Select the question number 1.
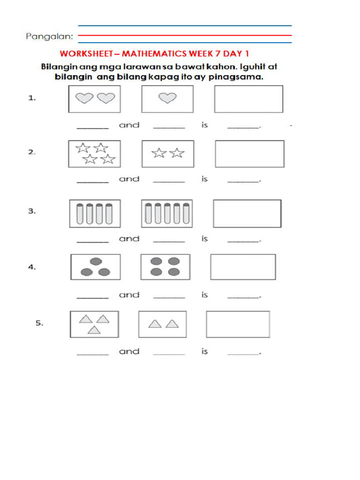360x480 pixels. [x=32, y=98]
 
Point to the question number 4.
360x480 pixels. [x=32, y=267]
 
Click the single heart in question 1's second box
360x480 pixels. [x=167, y=98]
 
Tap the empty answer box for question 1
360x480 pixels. [x=248, y=99]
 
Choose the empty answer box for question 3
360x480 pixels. [x=247, y=214]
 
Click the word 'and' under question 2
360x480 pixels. [x=129, y=179]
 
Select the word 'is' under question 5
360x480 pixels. [x=204, y=351]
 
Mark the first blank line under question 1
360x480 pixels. [x=92, y=127]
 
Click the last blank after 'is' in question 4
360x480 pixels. [x=243, y=297]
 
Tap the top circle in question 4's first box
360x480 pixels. [x=95, y=261]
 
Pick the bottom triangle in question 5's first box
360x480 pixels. [x=94, y=330]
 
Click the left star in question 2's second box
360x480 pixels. [x=159, y=153]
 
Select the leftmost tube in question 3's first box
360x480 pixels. [x=80, y=214]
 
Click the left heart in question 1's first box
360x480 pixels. [x=84, y=98]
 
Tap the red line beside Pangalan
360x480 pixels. [x=185, y=35]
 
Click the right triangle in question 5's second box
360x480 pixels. [x=172, y=323]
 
